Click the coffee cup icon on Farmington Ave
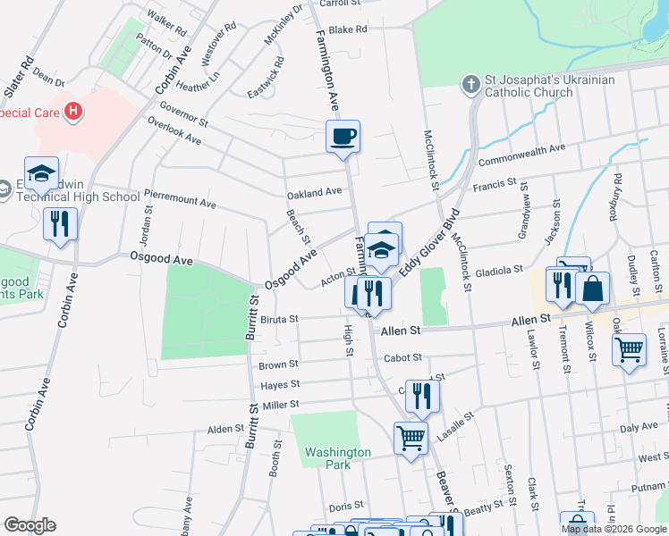(x=343, y=138)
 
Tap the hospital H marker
(x=74, y=112)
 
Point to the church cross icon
(x=470, y=85)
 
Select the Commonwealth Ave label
(x=522, y=155)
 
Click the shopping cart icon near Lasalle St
(x=411, y=438)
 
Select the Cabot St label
(x=402, y=357)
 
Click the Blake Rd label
(x=348, y=29)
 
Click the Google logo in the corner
(x=30, y=525)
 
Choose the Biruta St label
(x=278, y=318)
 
